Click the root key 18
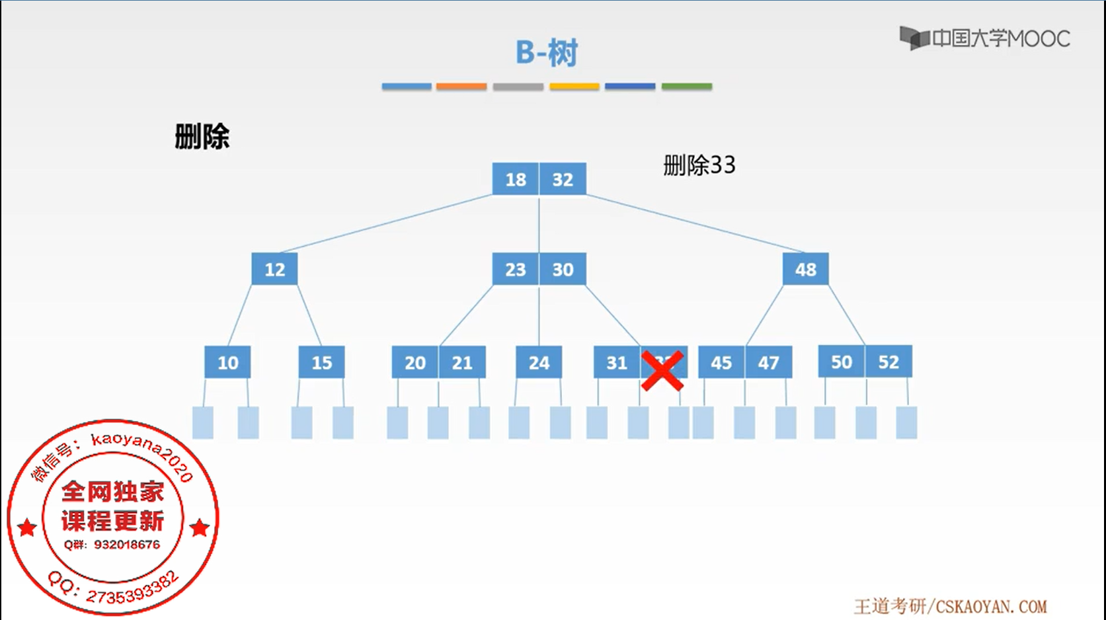tap(516, 179)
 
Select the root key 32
tap(563, 179)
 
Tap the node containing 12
tap(274, 270)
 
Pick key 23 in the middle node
tap(516, 270)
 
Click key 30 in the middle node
tap(563, 270)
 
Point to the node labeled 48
tap(805, 270)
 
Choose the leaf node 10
tap(227, 362)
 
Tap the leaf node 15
tap(321, 362)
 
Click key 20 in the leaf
tap(415, 362)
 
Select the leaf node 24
tap(539, 362)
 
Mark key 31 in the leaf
tap(617, 362)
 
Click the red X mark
tap(662, 371)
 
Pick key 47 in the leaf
tap(768, 362)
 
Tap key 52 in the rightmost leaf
tap(889, 362)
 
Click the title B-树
tap(547, 53)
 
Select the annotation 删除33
tap(699, 165)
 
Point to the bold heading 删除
tap(202, 137)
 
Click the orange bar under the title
tap(461, 87)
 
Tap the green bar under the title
tap(687, 87)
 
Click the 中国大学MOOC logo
tap(985, 38)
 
